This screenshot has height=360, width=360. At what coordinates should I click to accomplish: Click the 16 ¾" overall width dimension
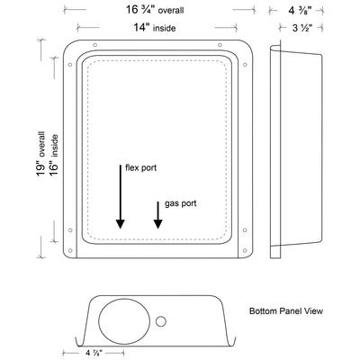[x=155, y=10]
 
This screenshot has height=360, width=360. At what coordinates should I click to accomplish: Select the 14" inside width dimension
[x=155, y=28]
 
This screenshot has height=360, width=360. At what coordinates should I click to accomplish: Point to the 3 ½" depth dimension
[x=302, y=28]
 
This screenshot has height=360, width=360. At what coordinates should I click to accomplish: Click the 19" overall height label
[x=40, y=154]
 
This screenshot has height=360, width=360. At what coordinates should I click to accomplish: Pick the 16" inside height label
[x=53, y=155]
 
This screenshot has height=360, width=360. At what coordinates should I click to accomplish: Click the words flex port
[x=140, y=167]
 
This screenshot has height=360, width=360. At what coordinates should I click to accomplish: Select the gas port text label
[x=181, y=203]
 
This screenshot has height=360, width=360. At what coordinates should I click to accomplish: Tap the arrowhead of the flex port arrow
[x=121, y=224]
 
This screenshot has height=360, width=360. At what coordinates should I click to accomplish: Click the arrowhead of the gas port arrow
[x=158, y=224]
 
